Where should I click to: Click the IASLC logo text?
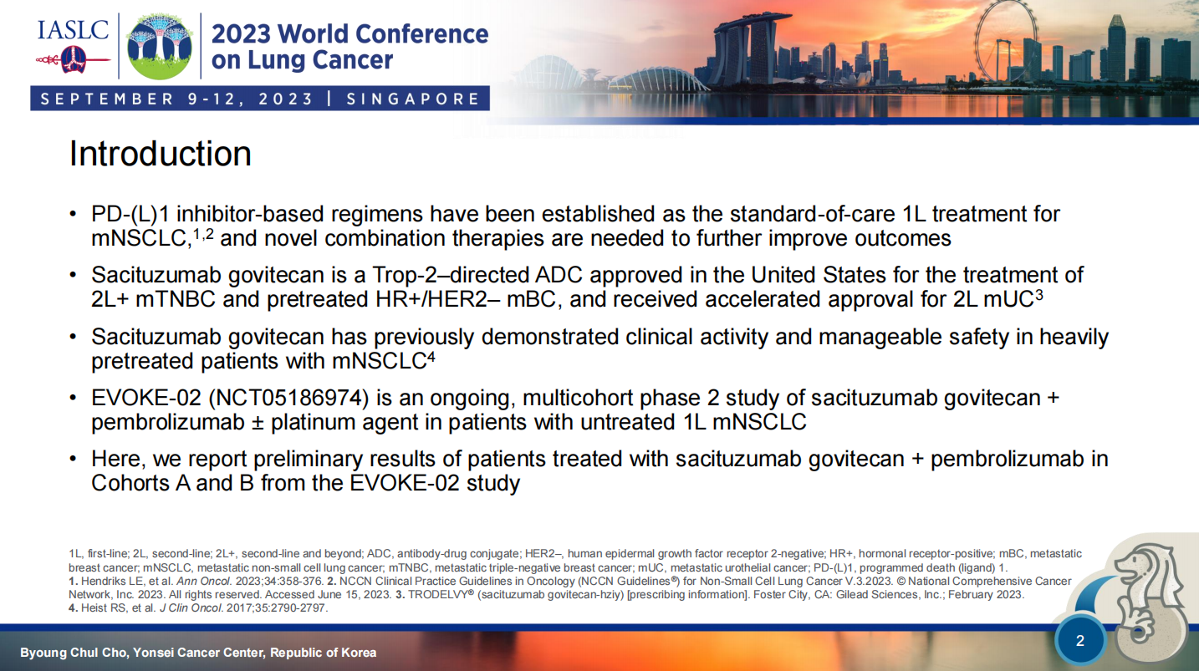pyautogui.click(x=73, y=30)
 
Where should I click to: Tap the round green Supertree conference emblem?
pyautogui.click(x=160, y=46)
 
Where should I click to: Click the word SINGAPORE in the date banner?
pyautogui.click(x=413, y=99)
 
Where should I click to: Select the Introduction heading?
pyautogui.click(x=160, y=154)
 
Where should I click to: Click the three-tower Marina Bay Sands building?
pyautogui.click(x=749, y=48)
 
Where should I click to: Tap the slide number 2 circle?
pyautogui.click(x=1080, y=640)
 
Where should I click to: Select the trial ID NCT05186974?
pyautogui.click(x=288, y=398)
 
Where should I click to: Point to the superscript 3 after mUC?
pyautogui.click(x=1039, y=294)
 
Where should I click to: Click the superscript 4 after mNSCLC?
pyautogui.click(x=431, y=356)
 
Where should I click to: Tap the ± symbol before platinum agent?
pyautogui.click(x=258, y=423)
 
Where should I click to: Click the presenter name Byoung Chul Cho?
pyautogui.click(x=74, y=653)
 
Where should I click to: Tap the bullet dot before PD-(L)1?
pyautogui.click(x=74, y=215)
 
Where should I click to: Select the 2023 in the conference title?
pyautogui.click(x=241, y=33)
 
